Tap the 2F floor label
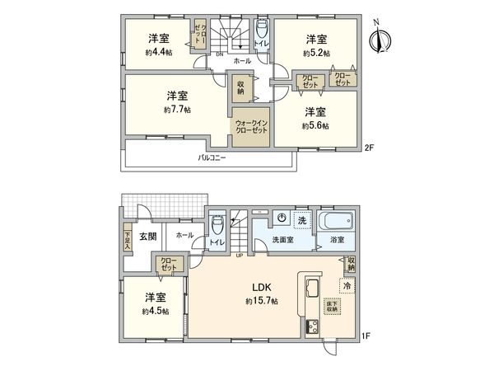pos(369,149)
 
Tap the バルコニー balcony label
pos(212,157)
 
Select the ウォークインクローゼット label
pos(249,127)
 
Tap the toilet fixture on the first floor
pos(217,225)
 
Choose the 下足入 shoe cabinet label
pos(127,240)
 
